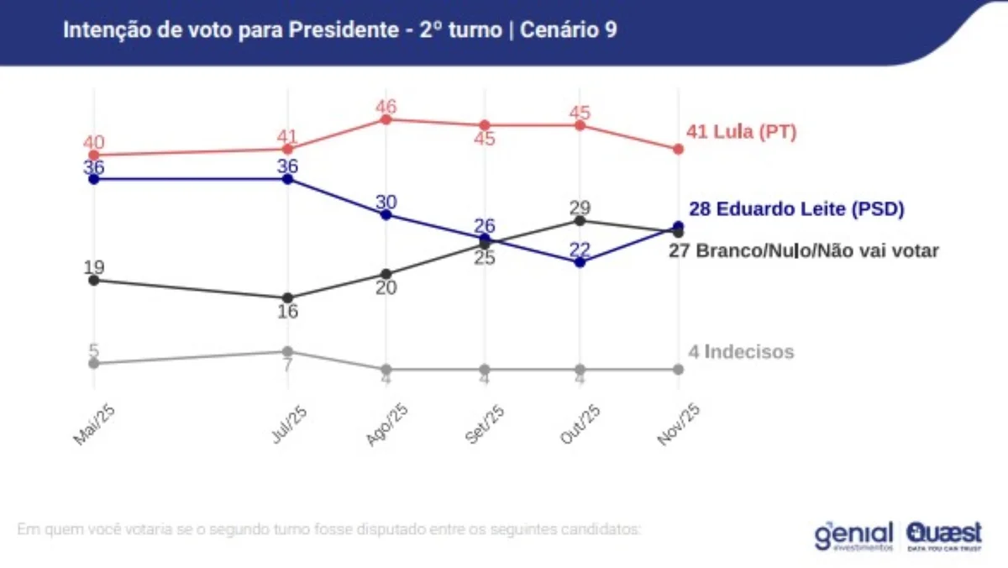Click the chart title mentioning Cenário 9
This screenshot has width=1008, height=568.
point(340,29)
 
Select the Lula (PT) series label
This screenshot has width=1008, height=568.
point(741,132)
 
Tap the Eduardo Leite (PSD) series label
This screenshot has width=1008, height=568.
point(796,209)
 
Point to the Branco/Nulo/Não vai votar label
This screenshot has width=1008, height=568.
point(803,250)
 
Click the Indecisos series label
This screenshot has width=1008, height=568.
point(741,352)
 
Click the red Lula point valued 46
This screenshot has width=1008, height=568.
point(386,119)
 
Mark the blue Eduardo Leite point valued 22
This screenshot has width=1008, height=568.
point(580,262)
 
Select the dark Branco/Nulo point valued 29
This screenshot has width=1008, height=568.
point(580,220)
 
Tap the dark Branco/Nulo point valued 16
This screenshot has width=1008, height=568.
point(287,297)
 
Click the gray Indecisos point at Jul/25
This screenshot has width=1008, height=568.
point(287,351)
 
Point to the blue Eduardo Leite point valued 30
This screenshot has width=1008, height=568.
point(386,214)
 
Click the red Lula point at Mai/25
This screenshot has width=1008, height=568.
point(94,155)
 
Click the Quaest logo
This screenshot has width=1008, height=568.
point(943,535)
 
